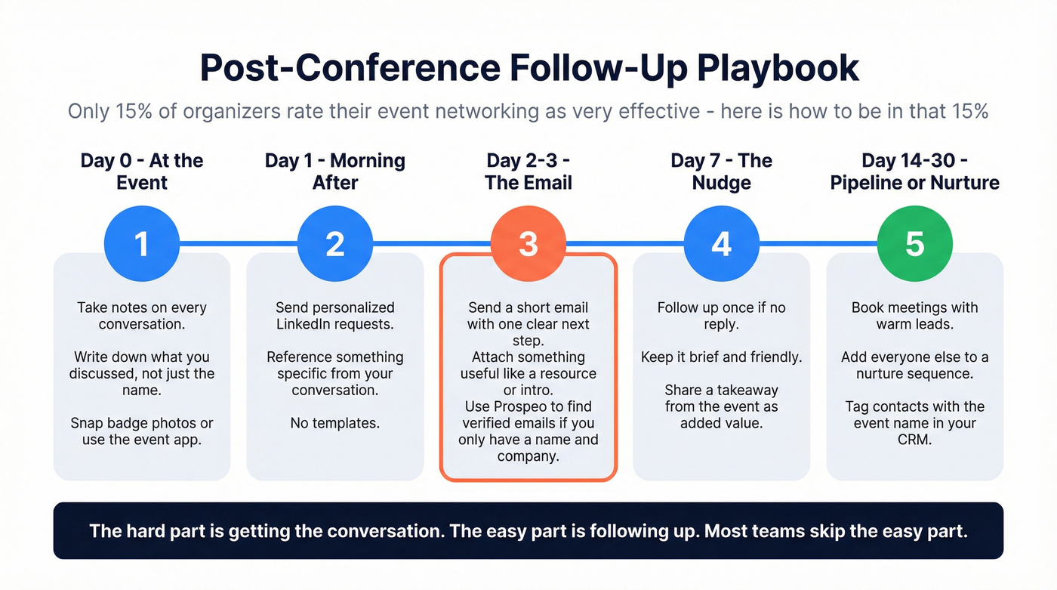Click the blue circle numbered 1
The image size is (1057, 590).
pyautogui.click(x=141, y=244)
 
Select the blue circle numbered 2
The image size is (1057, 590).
pyautogui.click(x=334, y=244)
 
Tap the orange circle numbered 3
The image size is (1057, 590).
pyautogui.click(x=528, y=244)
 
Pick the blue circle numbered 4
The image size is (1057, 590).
pyautogui.click(x=721, y=244)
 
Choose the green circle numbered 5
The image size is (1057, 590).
pyautogui.click(x=914, y=244)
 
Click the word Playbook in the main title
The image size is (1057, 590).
pyautogui.click(x=778, y=68)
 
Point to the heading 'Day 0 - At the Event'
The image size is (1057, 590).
pyautogui.click(x=142, y=171)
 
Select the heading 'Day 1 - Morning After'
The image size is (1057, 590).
pyautogui.click(x=334, y=171)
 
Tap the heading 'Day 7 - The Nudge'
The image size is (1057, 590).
pyautogui.click(x=721, y=171)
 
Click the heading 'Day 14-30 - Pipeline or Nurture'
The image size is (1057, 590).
pyautogui.click(x=914, y=171)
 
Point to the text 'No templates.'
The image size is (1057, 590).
pyautogui.click(x=334, y=423)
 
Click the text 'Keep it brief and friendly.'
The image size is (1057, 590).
pyautogui.click(x=721, y=357)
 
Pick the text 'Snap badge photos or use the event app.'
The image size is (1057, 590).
pyautogui.click(x=142, y=431)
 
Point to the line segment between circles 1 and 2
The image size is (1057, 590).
pyautogui.click(x=238, y=244)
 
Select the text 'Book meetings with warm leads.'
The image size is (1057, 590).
pyautogui.click(x=914, y=316)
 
